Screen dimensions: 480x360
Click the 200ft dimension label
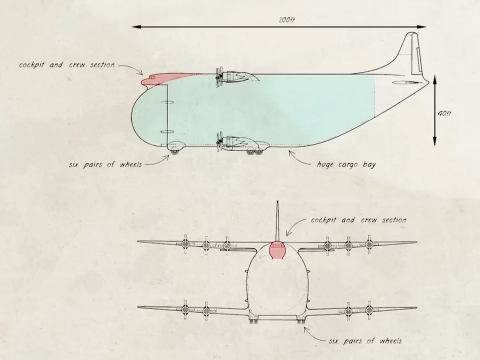tap(287, 20)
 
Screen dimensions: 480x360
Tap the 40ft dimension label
tap(444, 113)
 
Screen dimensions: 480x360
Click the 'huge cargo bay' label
tap(346, 164)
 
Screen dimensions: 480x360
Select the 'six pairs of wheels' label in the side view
tap(106, 164)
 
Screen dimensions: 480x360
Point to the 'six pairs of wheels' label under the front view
tap(365, 340)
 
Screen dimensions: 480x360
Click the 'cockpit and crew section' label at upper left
tap(67, 65)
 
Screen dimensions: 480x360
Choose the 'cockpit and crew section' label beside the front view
tap(359, 220)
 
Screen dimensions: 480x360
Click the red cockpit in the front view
tap(277, 249)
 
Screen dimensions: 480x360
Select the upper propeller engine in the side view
tap(236, 77)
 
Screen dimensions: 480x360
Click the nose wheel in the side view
tap(174, 151)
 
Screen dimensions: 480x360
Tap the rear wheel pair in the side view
tap(255, 151)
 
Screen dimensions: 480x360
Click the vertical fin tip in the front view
tap(277, 201)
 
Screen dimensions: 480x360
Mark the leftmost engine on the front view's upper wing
tap(185, 244)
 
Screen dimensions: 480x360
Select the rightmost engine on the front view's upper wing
tap(369, 244)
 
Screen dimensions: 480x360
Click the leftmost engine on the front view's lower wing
tap(185, 310)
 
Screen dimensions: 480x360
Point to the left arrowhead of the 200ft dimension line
tap(137, 27)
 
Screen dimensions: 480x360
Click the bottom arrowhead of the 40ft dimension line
tap(434, 142)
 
